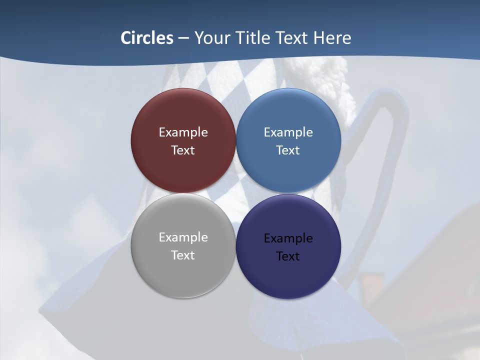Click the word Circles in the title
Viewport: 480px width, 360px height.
tap(147, 38)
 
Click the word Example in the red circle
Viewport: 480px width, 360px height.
tap(183, 132)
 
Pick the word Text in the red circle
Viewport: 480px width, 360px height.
tap(183, 150)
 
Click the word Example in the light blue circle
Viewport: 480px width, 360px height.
tap(288, 132)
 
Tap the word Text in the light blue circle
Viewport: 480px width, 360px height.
tap(288, 150)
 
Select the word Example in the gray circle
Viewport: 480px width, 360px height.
tap(183, 237)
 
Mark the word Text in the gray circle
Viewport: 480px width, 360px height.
tap(183, 255)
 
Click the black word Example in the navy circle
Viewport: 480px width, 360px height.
tap(288, 238)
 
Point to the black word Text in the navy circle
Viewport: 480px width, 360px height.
tap(288, 256)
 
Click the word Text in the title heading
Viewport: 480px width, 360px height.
tap(293, 38)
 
